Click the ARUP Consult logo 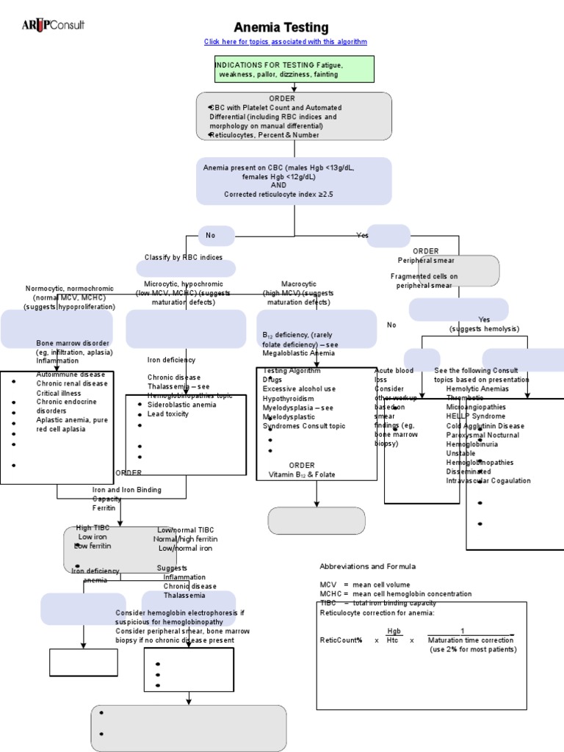(53, 25)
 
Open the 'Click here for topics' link (285, 42)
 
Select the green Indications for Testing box (294, 69)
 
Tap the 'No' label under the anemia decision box (211, 236)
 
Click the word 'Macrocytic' (299, 283)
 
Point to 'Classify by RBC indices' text (189, 258)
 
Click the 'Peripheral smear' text (426, 260)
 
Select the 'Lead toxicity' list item (168, 413)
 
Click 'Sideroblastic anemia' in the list (181, 405)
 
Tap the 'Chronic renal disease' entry (72, 383)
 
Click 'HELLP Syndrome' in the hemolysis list (475, 416)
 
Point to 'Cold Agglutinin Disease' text (495, 426)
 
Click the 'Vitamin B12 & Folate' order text (301, 474)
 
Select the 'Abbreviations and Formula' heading (367, 566)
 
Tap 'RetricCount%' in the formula (341, 640)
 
